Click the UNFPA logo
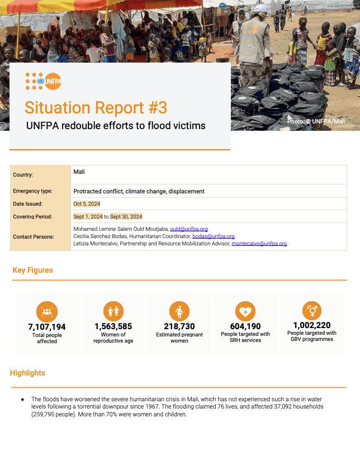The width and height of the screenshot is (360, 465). pos(44,82)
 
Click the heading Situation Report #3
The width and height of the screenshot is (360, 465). pos(96,107)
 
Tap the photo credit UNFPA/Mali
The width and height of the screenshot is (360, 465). pos(316,121)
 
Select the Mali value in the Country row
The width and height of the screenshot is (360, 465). pos(79,172)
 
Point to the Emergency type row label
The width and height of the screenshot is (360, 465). pos(32,191)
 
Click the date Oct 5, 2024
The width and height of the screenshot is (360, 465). pos(87,204)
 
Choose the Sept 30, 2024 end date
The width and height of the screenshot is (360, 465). pos(126,216)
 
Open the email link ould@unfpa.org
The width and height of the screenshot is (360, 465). pos(188,229)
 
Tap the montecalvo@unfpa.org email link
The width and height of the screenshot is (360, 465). pos(259,244)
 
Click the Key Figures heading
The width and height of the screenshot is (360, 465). pos(33,271)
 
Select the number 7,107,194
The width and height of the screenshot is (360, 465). pos(47,327)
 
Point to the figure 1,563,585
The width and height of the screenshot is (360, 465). pos(113,326)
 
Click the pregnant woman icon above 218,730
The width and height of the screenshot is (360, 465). pos(179,311)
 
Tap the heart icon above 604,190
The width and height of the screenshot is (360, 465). pos(245,311)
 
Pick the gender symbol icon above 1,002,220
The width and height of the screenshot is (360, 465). pos(311,311)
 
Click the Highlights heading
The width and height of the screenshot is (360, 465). pos(28,373)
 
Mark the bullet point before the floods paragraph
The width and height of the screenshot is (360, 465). pos(22,400)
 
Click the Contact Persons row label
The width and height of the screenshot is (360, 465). pos(34,236)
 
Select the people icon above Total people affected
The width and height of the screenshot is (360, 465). pos(47,311)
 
